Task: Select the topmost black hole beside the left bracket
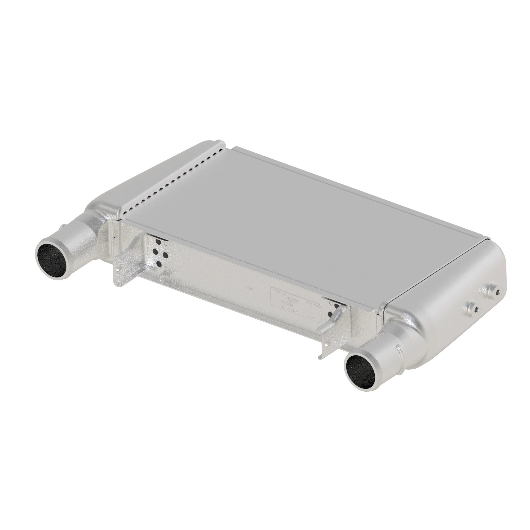point(158,242)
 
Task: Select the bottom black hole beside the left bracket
point(158,264)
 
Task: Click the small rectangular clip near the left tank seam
point(115,242)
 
